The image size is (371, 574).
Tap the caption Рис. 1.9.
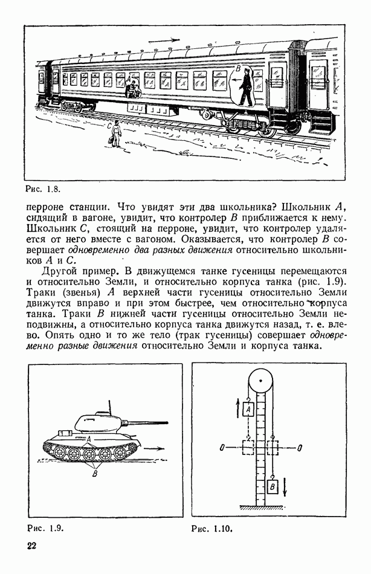point(45,527)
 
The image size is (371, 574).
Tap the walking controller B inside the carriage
point(245,88)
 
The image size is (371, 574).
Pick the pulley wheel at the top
point(260,381)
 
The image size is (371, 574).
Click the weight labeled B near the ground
point(273,485)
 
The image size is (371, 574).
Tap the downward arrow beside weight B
point(286,485)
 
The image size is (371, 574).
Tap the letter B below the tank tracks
point(94,474)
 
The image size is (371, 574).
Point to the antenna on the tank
point(110,405)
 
